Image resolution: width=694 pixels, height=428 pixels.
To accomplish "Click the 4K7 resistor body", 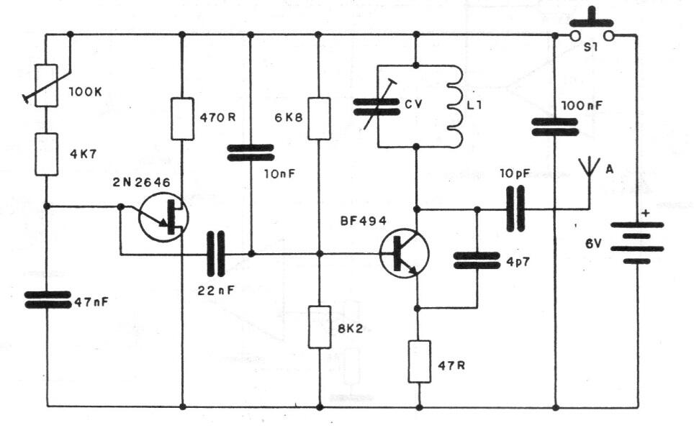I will click(47, 154).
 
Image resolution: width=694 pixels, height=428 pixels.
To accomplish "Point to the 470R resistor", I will click(182, 119).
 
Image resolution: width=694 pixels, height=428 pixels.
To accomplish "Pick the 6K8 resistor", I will click(319, 119).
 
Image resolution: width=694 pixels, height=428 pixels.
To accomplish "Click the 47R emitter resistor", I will click(418, 361).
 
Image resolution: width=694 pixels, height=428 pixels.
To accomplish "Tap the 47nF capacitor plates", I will click(47, 300).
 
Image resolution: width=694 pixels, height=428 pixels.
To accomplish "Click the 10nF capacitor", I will click(250, 153).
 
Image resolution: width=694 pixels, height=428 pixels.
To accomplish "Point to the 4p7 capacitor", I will click(476, 260).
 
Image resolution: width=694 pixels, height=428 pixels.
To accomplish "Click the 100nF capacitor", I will click(554, 127).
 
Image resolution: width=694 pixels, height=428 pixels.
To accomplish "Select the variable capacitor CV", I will click(377, 106).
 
